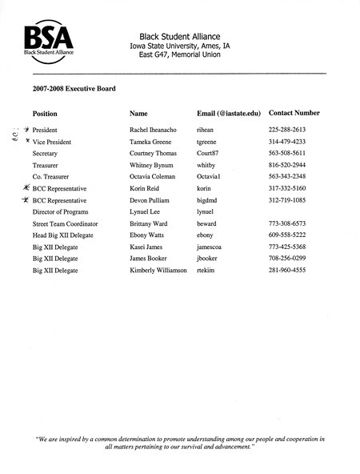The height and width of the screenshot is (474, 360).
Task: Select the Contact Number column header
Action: [x=294, y=113]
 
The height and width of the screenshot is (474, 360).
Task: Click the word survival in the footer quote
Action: [x=198, y=448]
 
